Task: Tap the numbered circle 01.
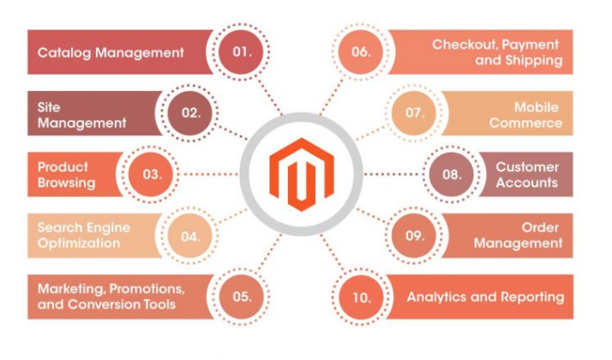tap(243, 51)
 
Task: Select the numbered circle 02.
tap(190, 111)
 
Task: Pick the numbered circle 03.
tap(152, 174)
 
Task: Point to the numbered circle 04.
tap(190, 234)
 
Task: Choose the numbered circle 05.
tap(243, 296)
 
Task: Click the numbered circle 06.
tap(361, 51)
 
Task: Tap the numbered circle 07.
tap(415, 112)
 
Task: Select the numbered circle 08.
tap(452, 174)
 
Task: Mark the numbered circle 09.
tap(415, 234)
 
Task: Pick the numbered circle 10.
tap(361, 296)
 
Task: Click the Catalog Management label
tap(111, 52)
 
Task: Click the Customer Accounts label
tap(526, 174)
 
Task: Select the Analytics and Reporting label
tap(485, 297)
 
